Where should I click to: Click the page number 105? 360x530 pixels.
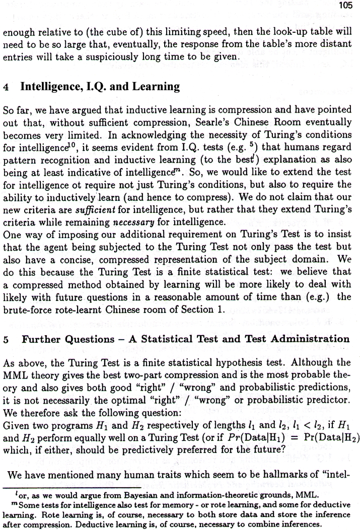[x=347, y=6]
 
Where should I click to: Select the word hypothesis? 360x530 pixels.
[x=217, y=362]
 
